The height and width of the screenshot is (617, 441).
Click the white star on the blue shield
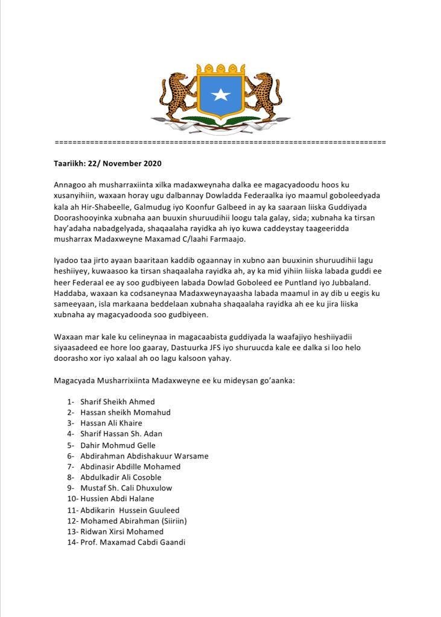coord(220,95)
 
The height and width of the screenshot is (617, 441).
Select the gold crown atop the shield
coord(220,68)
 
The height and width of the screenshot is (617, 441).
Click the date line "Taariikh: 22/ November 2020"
coord(107,163)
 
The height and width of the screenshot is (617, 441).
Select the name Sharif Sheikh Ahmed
coord(117,401)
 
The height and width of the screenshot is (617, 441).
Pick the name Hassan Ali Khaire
coord(111,423)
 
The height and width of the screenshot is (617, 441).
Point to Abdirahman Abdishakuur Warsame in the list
coord(144,456)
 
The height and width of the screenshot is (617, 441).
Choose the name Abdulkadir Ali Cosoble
coord(121,477)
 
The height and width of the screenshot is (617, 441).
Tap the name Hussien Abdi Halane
coord(117,498)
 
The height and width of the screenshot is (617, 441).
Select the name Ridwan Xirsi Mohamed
coord(121,531)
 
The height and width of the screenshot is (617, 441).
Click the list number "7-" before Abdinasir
coord(71,466)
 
